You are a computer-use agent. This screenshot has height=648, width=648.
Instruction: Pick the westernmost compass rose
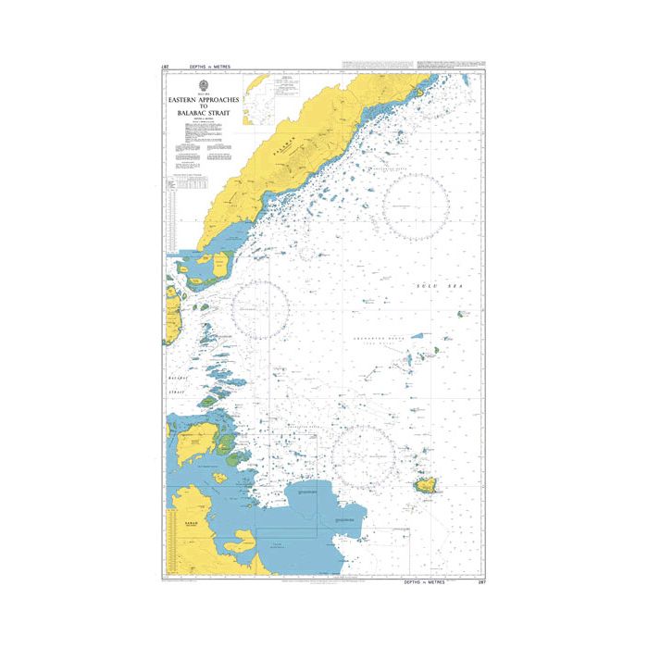click(x=260, y=309)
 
